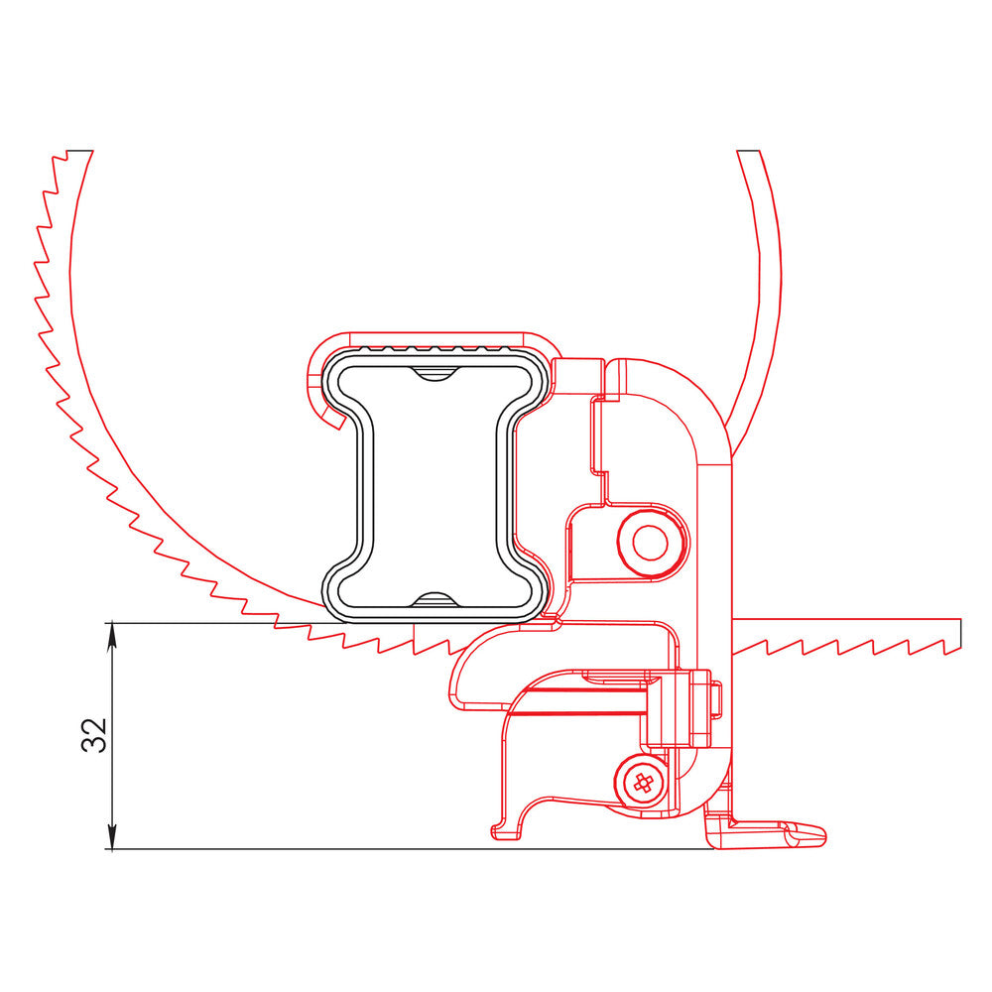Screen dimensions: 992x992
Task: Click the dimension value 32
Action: (94, 735)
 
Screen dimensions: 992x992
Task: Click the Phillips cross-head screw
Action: (643, 782)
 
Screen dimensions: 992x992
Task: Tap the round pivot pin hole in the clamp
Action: (651, 543)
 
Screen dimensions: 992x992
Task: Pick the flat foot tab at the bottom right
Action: (784, 833)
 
